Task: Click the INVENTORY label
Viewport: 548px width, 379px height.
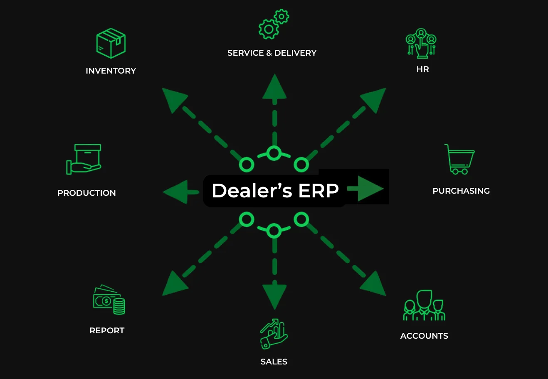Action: (111, 71)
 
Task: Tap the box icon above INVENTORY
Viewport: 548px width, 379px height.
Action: (111, 43)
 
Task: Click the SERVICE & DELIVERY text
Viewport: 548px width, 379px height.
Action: (272, 53)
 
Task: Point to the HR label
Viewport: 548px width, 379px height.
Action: (422, 69)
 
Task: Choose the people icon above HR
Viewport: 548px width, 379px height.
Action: (421, 43)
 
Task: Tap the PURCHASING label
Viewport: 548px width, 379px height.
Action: (461, 191)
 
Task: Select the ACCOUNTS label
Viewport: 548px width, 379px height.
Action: (424, 336)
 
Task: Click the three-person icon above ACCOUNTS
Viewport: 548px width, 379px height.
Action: (424, 306)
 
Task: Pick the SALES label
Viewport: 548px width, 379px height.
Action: (274, 362)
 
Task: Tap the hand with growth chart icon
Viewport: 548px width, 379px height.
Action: (274, 334)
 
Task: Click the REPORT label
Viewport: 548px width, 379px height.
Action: (107, 330)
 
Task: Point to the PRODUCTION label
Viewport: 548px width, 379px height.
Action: (86, 193)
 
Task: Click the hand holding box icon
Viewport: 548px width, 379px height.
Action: (84, 159)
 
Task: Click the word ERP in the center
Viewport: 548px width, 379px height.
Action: (318, 191)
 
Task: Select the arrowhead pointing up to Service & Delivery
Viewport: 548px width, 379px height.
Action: (274, 87)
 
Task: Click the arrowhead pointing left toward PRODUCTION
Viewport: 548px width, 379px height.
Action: (176, 192)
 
